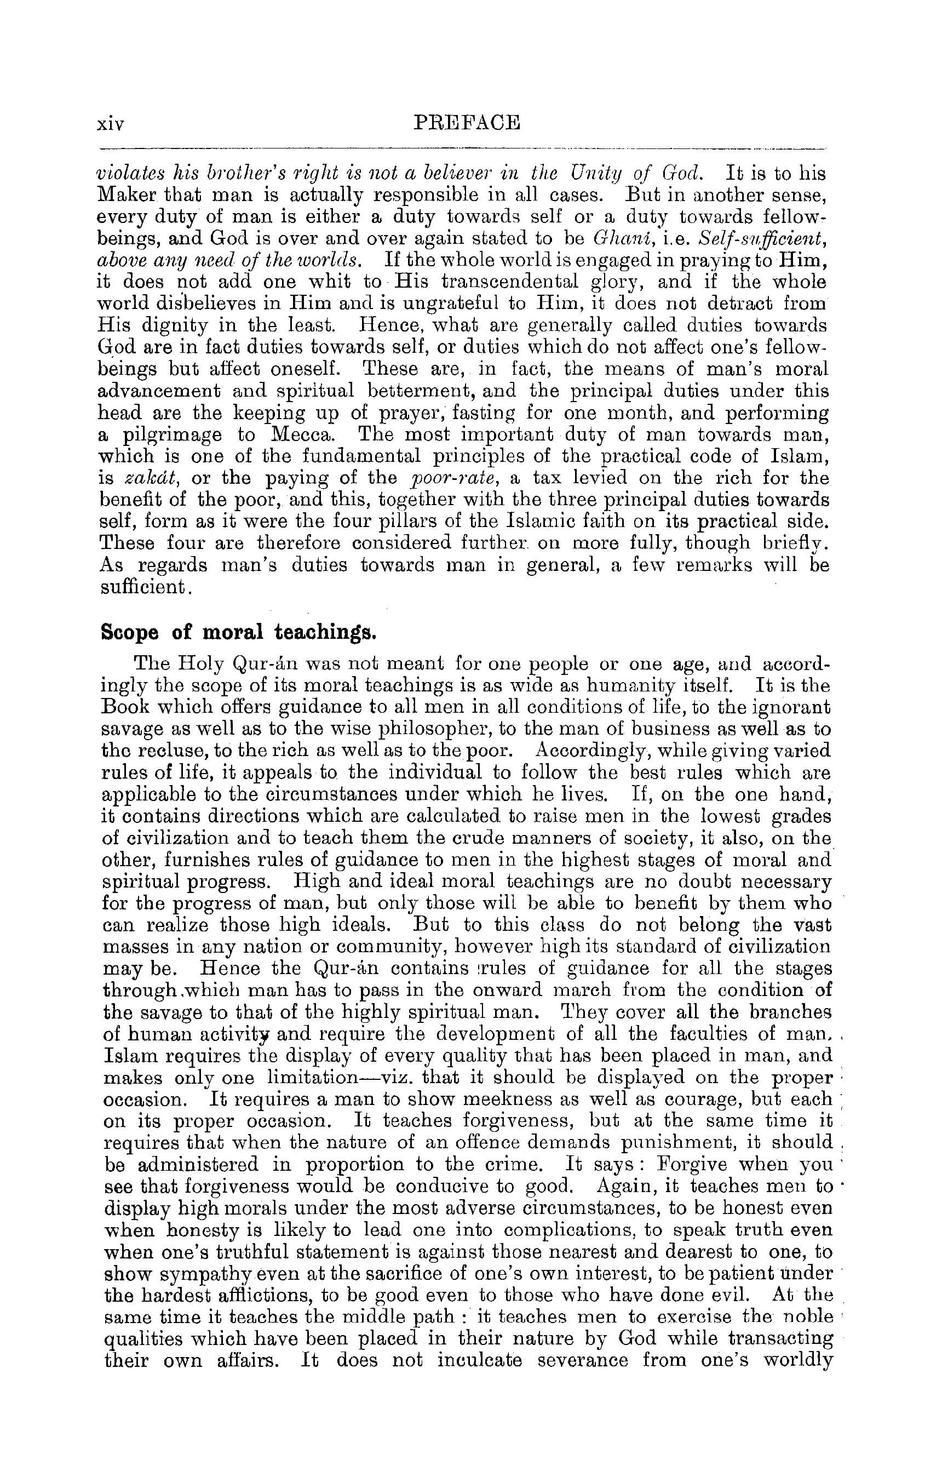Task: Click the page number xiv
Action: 111,124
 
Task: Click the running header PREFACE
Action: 467,122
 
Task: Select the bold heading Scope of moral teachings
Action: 238,632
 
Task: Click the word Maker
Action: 120,195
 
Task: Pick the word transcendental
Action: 509,282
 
